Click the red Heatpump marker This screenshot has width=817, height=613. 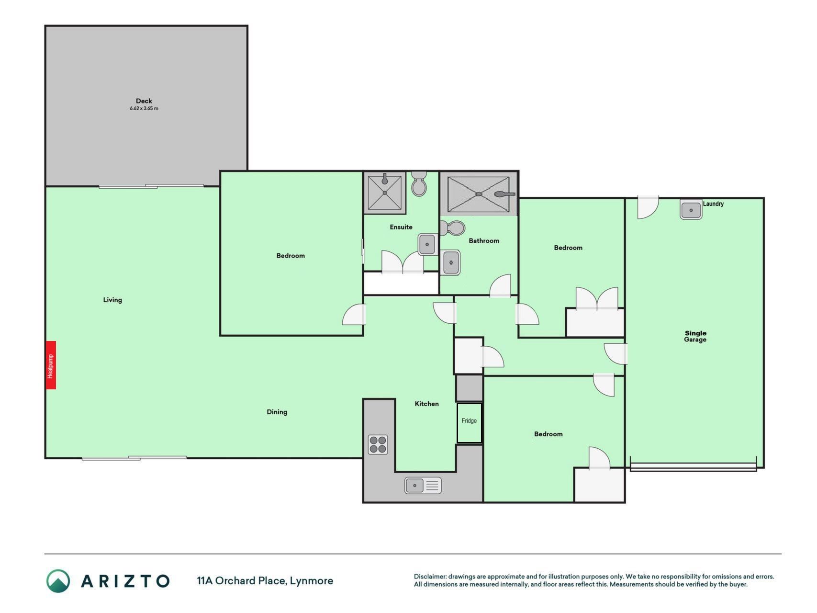click(51, 365)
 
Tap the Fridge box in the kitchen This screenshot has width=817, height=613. click(469, 423)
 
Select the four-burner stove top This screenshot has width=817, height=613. click(378, 444)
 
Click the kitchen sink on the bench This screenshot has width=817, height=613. click(423, 486)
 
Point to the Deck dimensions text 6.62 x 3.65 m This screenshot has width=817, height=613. click(144, 109)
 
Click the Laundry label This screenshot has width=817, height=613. click(713, 204)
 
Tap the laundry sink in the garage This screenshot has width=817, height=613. click(691, 210)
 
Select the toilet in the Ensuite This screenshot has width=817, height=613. click(419, 184)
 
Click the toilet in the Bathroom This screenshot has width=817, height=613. click(453, 228)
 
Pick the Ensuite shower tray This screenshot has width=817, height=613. click(385, 193)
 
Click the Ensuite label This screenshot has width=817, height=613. click(401, 227)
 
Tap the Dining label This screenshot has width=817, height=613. click(277, 412)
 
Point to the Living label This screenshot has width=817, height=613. click(112, 300)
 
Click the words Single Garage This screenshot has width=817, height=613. click(695, 336)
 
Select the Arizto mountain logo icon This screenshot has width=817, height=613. click(58, 581)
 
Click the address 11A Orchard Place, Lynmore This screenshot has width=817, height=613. click(265, 581)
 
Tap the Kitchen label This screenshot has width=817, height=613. click(427, 404)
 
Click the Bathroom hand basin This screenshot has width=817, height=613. click(450, 262)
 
